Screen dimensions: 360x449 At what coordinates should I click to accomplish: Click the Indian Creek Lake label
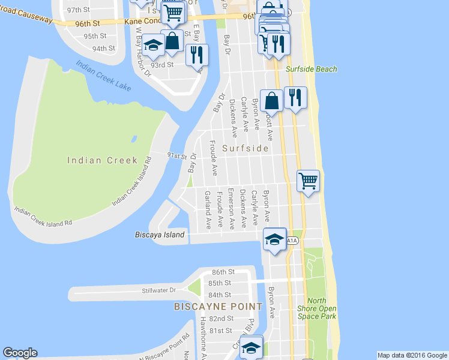click(x=103, y=76)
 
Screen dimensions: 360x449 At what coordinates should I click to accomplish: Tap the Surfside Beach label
click(x=312, y=70)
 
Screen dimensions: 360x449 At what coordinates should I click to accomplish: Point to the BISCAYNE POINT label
click(x=218, y=307)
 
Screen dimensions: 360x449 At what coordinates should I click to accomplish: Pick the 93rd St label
click(x=162, y=65)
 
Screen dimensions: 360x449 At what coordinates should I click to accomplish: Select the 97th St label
click(x=78, y=11)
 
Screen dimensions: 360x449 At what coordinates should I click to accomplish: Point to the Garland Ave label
click(x=208, y=210)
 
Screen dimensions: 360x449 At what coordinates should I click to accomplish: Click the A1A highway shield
click(x=291, y=241)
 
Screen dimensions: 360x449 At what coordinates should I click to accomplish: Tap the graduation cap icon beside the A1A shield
click(x=274, y=239)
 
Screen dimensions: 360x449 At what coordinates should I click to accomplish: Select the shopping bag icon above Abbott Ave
click(x=272, y=100)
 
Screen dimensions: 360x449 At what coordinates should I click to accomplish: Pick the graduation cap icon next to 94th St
click(x=154, y=44)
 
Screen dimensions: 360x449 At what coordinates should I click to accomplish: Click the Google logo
click(x=20, y=353)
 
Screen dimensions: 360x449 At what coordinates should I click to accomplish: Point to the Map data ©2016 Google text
click(x=412, y=355)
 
